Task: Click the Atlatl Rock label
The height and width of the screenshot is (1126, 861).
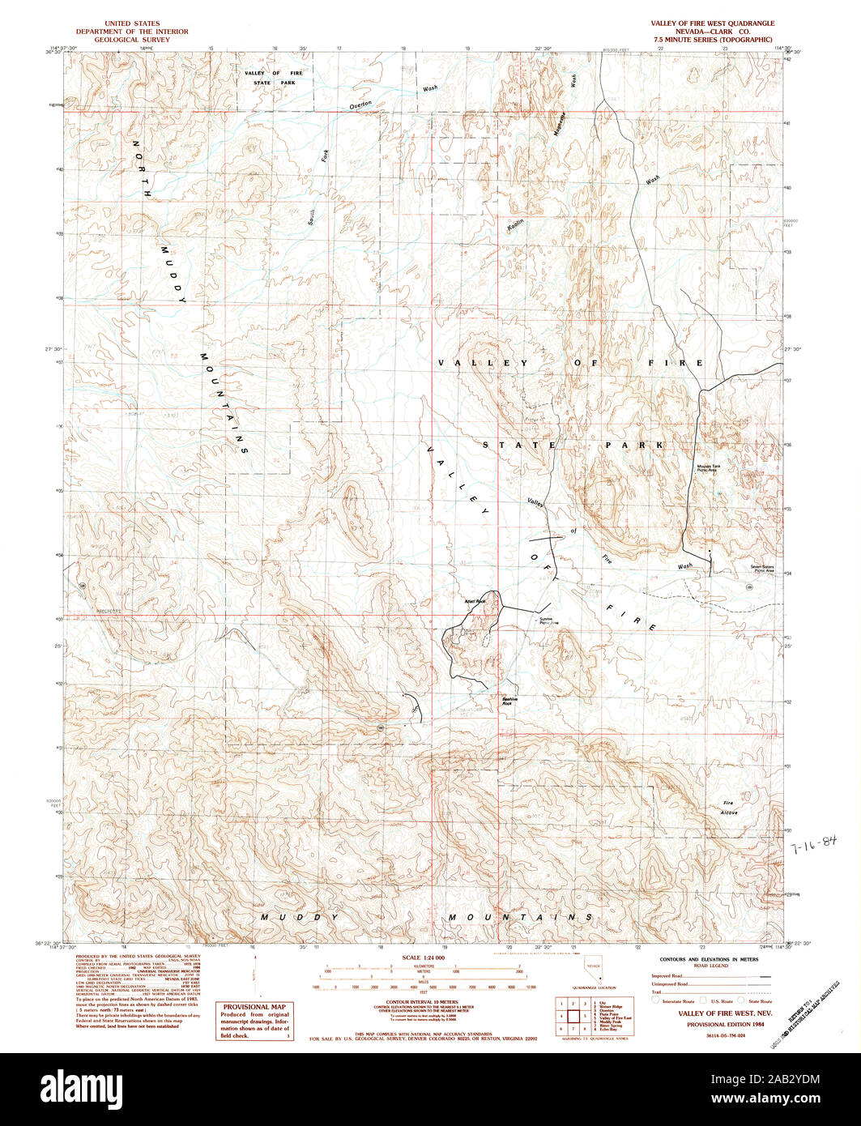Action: click(474, 601)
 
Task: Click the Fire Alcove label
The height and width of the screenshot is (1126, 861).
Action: click(730, 808)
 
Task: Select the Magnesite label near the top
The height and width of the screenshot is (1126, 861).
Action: click(556, 126)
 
